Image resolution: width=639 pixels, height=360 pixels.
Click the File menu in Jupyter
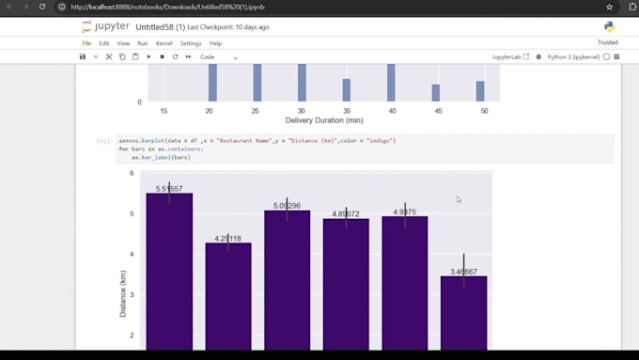[x=86, y=43]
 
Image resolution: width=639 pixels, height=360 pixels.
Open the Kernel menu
[x=164, y=43]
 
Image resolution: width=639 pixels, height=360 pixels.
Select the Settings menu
[x=191, y=43]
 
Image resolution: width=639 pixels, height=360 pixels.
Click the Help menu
[x=215, y=43]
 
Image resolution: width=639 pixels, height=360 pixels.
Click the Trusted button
[x=607, y=42]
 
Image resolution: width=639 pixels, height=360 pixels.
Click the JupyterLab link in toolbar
[x=510, y=57]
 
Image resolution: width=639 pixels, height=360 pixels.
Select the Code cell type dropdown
[x=218, y=57]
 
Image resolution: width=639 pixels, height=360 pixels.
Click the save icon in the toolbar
[x=83, y=57]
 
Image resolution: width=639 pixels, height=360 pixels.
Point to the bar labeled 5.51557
[x=169, y=273]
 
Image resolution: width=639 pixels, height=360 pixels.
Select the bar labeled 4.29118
[x=228, y=296]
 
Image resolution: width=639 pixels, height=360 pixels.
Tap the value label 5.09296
[x=287, y=206]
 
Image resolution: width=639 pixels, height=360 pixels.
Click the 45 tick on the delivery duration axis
[x=436, y=111]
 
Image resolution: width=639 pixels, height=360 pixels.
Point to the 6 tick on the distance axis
[x=132, y=174]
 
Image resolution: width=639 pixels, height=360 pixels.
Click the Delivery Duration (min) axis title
[x=323, y=121]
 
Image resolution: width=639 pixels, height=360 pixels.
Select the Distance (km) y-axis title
[x=123, y=293]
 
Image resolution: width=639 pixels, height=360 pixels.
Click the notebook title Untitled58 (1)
[x=165, y=27]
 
